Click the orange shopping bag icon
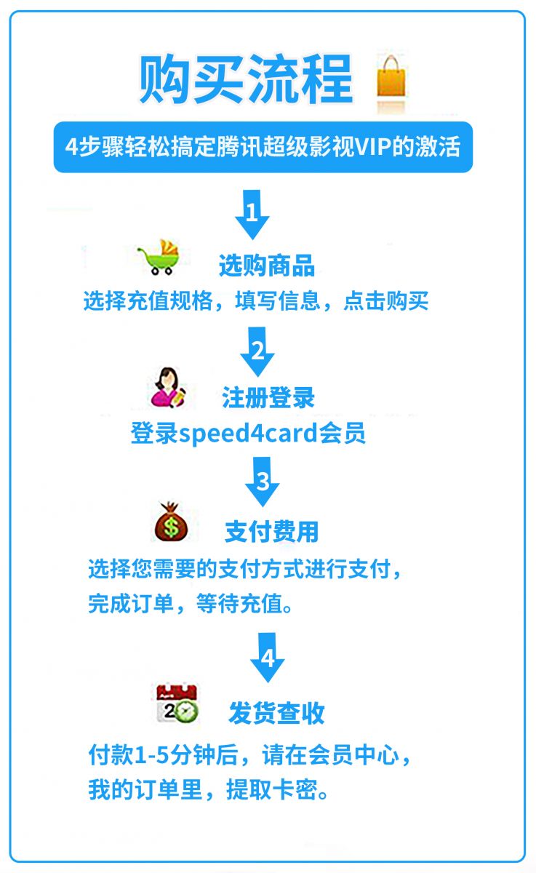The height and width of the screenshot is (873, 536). [391, 76]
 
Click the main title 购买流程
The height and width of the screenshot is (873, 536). [246, 79]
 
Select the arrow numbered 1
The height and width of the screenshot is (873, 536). [252, 215]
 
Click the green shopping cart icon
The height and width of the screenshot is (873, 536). [159, 257]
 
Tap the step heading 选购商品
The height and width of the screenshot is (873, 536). [267, 266]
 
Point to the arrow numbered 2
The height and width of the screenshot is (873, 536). [257, 351]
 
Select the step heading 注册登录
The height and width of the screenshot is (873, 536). [268, 397]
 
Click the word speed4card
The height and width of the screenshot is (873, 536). [248, 433]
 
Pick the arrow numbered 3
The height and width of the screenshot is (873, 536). [262, 482]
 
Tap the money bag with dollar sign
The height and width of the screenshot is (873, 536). [171, 522]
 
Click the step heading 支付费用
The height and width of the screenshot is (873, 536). [271, 532]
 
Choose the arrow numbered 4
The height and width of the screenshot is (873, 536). [267, 658]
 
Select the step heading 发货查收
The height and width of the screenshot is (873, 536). [276, 713]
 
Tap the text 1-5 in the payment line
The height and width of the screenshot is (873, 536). [151, 755]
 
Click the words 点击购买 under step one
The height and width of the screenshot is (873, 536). [385, 301]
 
